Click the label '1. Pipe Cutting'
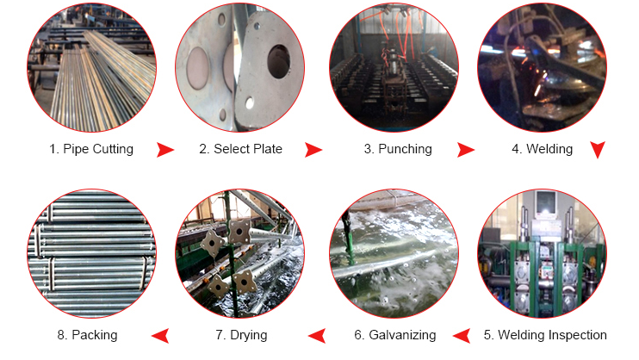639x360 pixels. point(91,149)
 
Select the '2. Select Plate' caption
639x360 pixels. point(240,149)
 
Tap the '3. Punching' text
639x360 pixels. point(397,149)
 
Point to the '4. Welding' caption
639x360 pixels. point(542,149)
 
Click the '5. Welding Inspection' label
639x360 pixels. point(544,335)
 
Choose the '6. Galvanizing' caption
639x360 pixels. point(393,335)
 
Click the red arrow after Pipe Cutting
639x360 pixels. point(165,150)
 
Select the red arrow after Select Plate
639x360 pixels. point(313,150)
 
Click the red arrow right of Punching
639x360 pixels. point(466,150)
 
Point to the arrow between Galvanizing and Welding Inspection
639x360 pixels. point(463,335)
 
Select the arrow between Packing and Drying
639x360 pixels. point(160,335)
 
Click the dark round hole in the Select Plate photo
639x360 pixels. point(280,60)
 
